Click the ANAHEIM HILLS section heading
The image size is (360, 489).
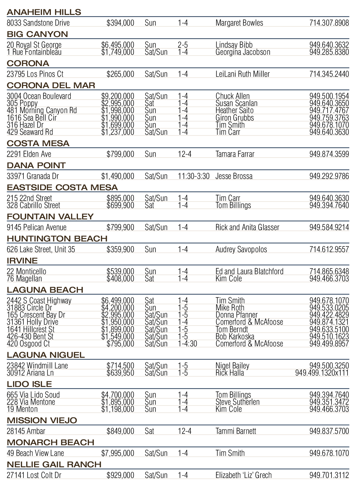pyautogui.click(x=44, y=12)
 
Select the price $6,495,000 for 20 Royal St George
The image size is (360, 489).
pyautogui.click(x=118, y=45)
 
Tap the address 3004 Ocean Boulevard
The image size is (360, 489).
pyautogui.click(x=39, y=96)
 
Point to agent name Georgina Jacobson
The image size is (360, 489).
pyautogui.click(x=243, y=52)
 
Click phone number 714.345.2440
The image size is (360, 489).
pyautogui.click(x=329, y=74)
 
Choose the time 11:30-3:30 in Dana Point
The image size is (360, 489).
pyautogui.click(x=194, y=176)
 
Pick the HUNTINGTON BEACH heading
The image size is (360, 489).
pyautogui.click(x=57, y=239)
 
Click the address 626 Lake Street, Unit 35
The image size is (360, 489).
pyautogui.click(x=41, y=249)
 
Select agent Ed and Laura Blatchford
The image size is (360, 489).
pyautogui.click(x=249, y=271)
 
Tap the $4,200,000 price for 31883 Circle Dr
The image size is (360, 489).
pyautogui.click(x=118, y=308)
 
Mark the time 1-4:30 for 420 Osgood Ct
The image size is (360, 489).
pyautogui.click(x=187, y=344)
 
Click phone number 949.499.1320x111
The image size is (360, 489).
pyautogui.click(x=322, y=373)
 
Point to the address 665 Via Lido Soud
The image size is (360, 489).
pyautogui.click(x=33, y=395)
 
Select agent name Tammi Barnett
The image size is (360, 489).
pyautogui.click(x=235, y=431)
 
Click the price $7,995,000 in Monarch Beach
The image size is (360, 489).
pyautogui.click(x=118, y=453)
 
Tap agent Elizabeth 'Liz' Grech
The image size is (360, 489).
pyautogui.click(x=243, y=475)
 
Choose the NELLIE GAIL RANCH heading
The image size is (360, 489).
pyautogui.click(x=54, y=464)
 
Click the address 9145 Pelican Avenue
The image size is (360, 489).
pyautogui.click(x=37, y=227)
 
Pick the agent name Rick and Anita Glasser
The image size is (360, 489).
pyautogui.click(x=247, y=227)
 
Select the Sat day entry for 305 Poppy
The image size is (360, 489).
pyautogui.click(x=149, y=103)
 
